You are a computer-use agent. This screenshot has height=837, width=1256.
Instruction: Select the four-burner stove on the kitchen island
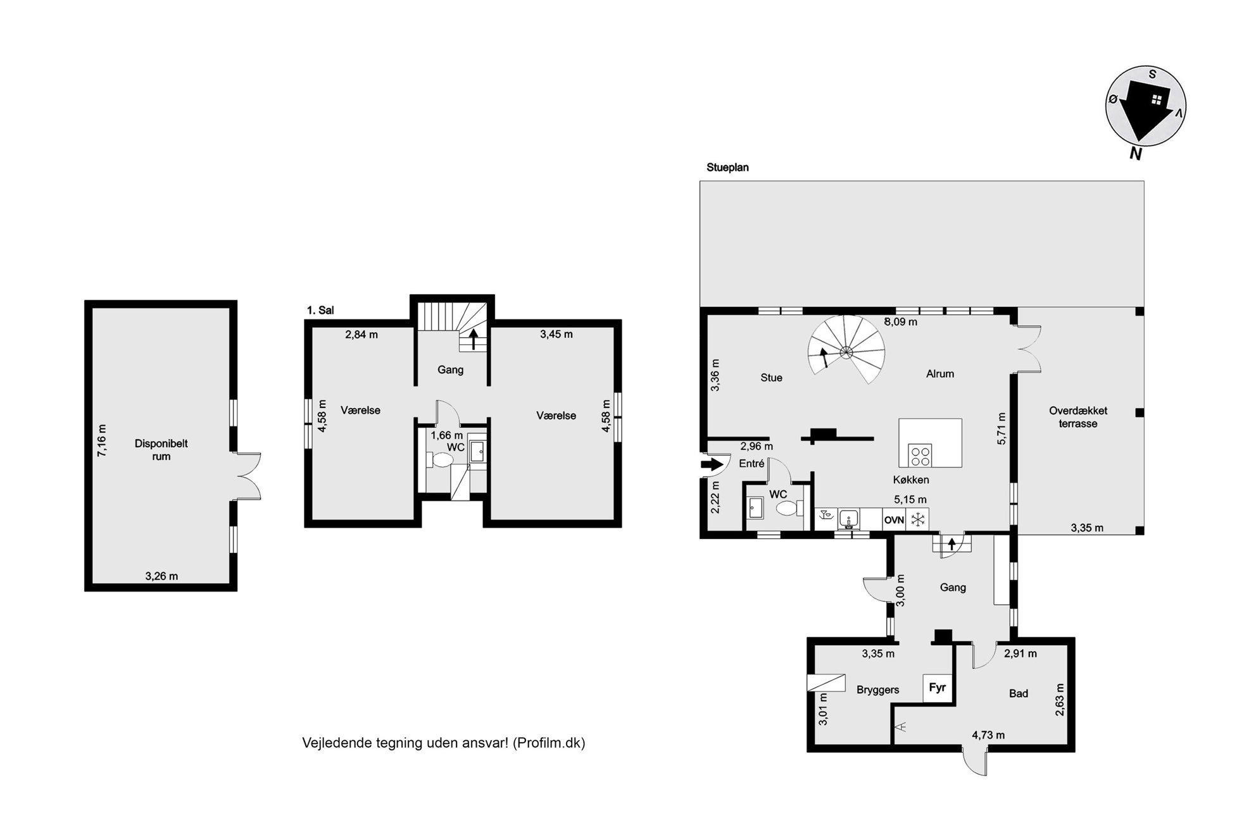pyautogui.click(x=920, y=456)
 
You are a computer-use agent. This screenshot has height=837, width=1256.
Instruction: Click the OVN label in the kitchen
pyautogui.click(x=894, y=520)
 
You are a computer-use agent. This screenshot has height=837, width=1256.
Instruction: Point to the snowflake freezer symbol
pyautogui.click(x=917, y=520)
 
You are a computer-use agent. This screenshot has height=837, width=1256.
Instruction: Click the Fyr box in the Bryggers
pyautogui.click(x=938, y=687)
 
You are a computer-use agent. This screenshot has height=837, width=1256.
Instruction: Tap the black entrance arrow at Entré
pyautogui.click(x=712, y=465)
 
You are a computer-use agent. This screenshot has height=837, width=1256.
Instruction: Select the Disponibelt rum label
pyautogui.click(x=161, y=450)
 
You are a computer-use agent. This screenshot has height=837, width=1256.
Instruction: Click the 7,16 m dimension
pyautogui.click(x=102, y=440)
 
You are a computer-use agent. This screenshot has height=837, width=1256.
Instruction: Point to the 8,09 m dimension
pyautogui.click(x=900, y=321)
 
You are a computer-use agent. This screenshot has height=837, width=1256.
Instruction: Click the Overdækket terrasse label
pyautogui.click(x=1078, y=417)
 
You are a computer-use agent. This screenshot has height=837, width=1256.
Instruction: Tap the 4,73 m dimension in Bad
pyautogui.click(x=988, y=735)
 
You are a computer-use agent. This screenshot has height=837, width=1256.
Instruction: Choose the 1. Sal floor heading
pyautogui.click(x=320, y=310)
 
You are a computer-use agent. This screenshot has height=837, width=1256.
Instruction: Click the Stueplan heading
pyautogui.click(x=728, y=168)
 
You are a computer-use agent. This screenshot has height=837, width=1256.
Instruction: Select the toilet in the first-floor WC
pyautogui.click(x=439, y=459)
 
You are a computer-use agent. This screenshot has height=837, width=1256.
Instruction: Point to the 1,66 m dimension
pyautogui.click(x=446, y=435)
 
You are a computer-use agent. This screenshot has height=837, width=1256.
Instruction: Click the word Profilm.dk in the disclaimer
pyautogui.click(x=549, y=743)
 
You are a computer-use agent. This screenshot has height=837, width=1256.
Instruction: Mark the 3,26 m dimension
pyautogui.click(x=161, y=576)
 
